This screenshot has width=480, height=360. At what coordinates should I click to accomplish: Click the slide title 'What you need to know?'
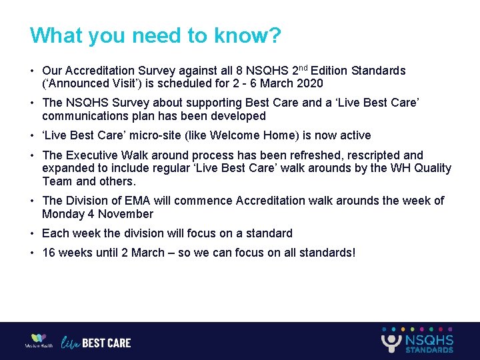tap(156, 35)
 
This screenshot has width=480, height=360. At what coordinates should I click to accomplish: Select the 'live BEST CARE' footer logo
tap(96, 343)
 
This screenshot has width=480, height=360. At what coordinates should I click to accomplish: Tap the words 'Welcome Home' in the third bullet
tap(263, 135)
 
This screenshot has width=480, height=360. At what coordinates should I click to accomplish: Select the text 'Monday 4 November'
tap(97, 214)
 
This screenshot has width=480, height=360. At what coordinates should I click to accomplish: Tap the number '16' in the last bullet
tap(49, 253)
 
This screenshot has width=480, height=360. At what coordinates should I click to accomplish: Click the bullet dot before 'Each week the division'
tap(32, 233)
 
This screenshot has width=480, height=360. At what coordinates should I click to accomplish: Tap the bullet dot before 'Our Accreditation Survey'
tap(32, 71)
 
